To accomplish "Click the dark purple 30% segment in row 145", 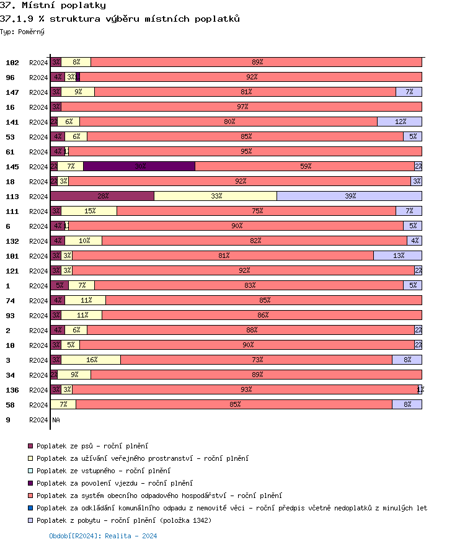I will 139,166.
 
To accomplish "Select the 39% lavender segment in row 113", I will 349,196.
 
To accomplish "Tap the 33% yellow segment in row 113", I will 215,196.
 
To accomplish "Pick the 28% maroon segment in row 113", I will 102,196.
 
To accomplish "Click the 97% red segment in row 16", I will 242,107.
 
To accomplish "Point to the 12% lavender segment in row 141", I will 399,122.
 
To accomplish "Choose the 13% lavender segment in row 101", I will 397,256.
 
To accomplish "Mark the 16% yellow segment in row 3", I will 91,360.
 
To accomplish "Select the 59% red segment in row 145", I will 305,166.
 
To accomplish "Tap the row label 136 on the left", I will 12,389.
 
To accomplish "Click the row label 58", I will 10,404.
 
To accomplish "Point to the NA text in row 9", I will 56,420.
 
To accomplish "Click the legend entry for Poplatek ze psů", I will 92,446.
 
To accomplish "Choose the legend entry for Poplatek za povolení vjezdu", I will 114,483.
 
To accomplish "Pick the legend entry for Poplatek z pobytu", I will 123,520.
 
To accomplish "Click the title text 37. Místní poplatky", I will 53,6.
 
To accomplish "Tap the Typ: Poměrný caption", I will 22,31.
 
